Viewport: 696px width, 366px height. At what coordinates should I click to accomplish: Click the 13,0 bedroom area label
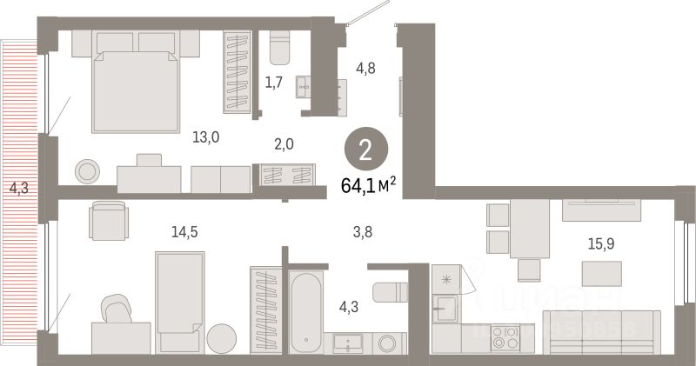tap(205, 136)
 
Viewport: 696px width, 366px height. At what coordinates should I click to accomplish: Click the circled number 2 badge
tap(365, 150)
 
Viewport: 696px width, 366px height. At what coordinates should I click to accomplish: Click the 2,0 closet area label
tap(283, 144)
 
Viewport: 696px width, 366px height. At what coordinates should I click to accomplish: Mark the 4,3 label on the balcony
tap(18, 185)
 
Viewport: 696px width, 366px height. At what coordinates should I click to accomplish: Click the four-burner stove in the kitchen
tap(505, 336)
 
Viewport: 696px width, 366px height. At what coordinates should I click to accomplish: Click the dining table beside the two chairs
tap(529, 229)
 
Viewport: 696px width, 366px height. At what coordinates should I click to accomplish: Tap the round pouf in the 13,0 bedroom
tap(87, 170)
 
